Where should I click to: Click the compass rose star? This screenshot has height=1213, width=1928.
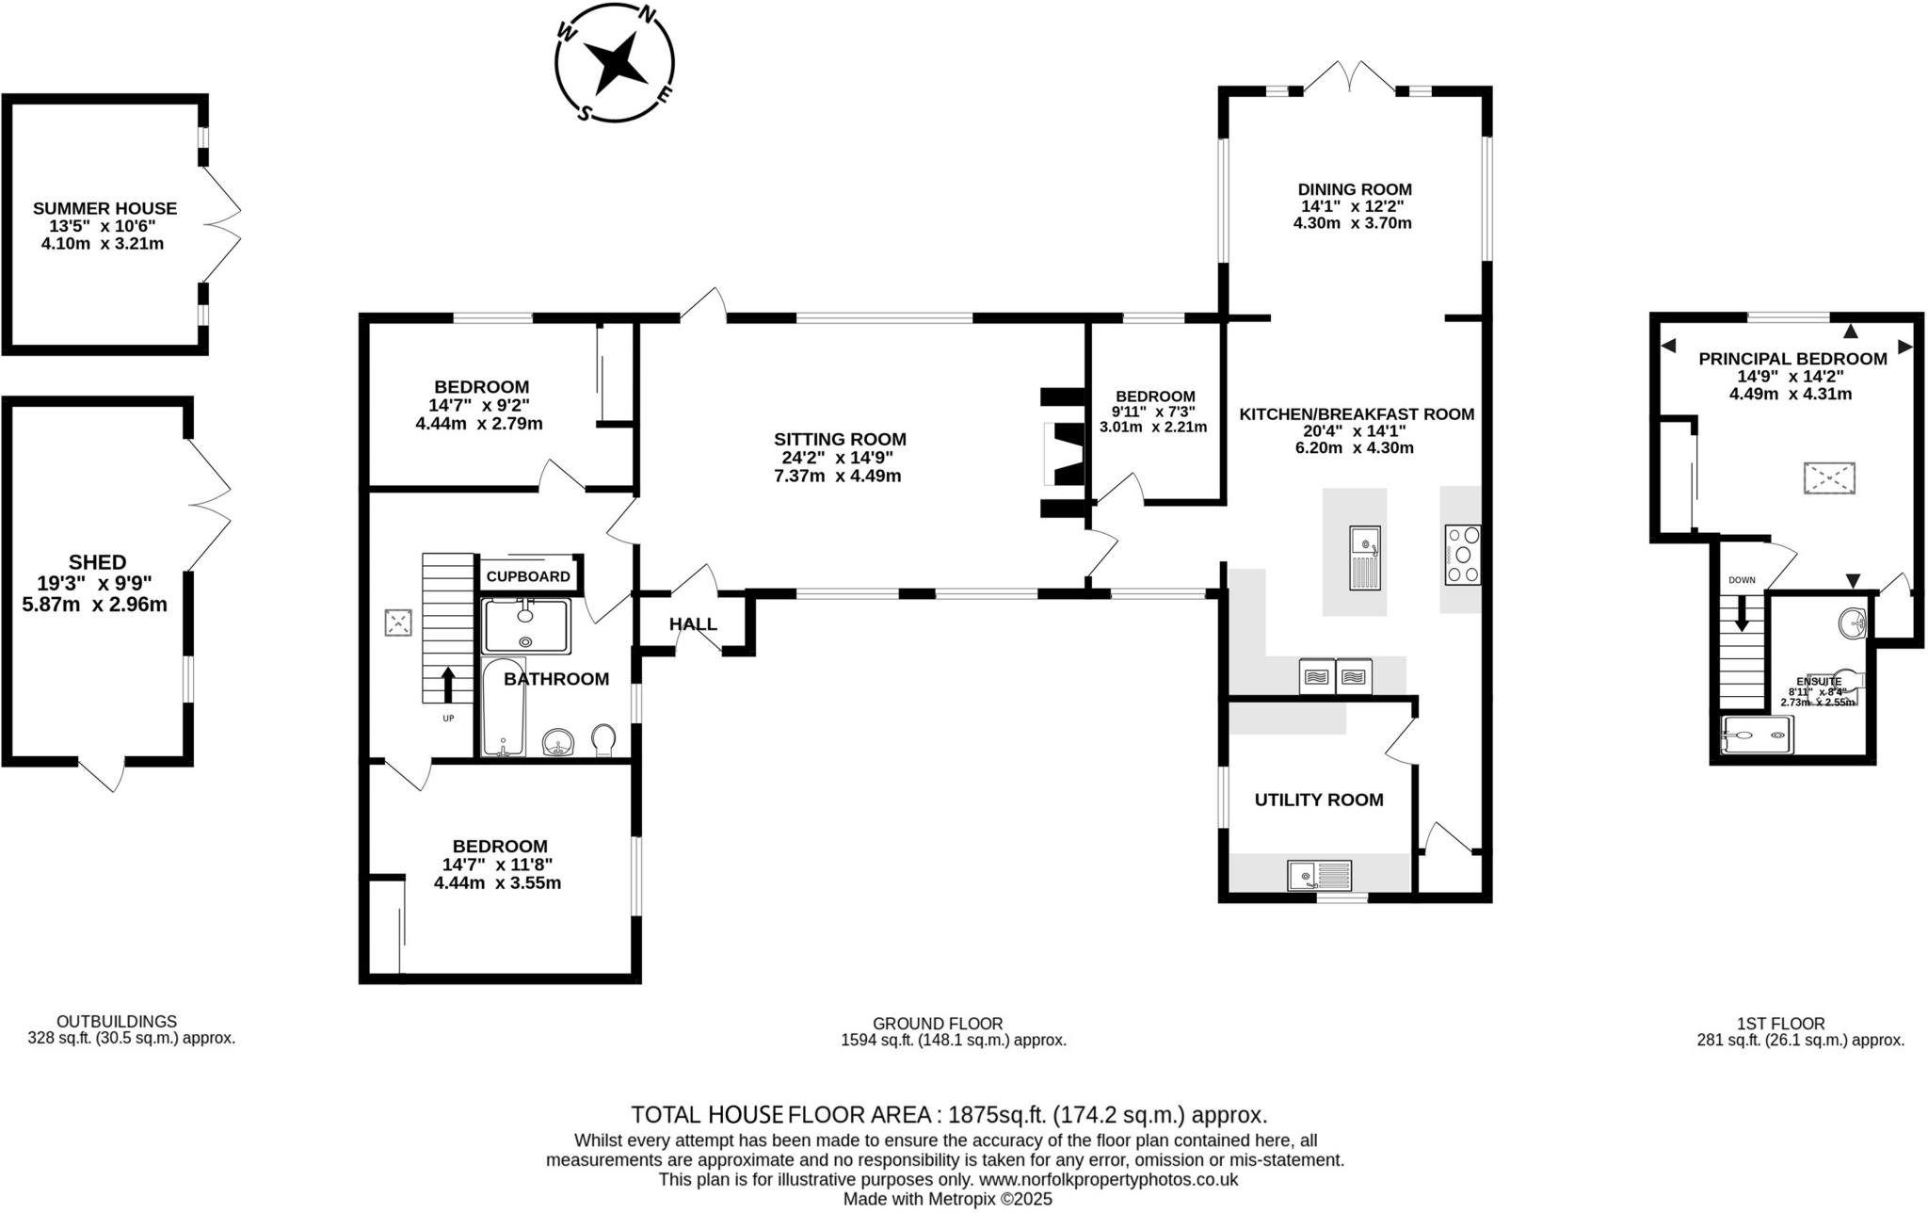click(617, 63)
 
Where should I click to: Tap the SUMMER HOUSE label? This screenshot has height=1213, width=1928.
click(104, 209)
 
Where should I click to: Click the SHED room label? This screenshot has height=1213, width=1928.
click(97, 562)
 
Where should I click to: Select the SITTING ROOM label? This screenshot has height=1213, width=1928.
click(840, 439)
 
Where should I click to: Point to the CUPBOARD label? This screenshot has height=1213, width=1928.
click(528, 576)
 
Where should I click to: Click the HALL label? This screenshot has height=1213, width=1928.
click(693, 624)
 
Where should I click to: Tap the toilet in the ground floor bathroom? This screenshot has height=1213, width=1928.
click(603, 740)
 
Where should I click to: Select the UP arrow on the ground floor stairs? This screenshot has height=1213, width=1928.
click(448, 684)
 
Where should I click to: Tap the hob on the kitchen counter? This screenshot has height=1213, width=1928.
click(1462, 555)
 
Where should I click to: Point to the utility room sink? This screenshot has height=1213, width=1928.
click(1319, 876)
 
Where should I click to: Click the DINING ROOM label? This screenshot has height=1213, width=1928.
click(1355, 189)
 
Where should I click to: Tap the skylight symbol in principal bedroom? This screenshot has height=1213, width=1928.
click(1828, 478)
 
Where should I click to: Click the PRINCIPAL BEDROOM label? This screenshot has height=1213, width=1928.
click(1792, 359)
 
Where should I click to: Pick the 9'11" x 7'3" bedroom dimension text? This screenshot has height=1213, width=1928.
click(1153, 412)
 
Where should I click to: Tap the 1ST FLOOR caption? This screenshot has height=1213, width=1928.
click(1780, 1023)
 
